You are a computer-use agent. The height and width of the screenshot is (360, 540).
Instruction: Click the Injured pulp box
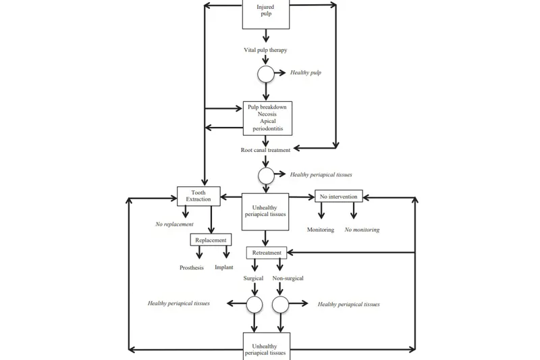266,14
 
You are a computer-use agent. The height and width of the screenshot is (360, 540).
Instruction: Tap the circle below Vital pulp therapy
266,74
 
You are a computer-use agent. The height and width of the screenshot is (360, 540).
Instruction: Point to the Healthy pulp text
306,72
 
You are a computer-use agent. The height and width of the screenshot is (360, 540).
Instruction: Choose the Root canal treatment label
265,150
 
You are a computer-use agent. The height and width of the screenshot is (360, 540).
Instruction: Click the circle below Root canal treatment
266,176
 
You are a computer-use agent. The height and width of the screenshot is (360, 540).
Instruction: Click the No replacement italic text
174,224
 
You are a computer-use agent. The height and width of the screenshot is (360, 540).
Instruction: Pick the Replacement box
211,240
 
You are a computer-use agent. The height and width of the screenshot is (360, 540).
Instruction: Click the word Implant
224,267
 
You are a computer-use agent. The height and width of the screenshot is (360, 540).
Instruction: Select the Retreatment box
266,253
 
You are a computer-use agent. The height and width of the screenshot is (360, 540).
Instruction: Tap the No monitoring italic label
362,230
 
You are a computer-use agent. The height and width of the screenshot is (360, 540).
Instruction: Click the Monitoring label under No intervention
321,230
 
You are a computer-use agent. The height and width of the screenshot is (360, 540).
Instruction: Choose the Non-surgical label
288,278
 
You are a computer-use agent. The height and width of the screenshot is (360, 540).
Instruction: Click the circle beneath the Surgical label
254,305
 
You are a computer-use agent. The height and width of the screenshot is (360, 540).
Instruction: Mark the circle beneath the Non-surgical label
280,305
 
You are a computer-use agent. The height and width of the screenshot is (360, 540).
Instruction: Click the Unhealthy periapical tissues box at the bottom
266,346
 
